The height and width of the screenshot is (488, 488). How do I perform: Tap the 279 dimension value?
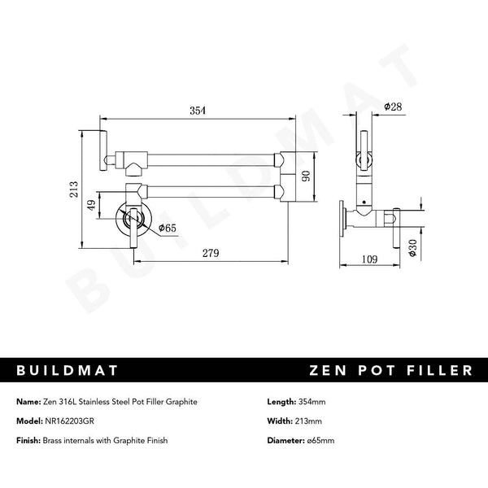pyautogui.click(x=210, y=254)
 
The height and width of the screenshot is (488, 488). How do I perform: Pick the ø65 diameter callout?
pyautogui.click(x=168, y=229)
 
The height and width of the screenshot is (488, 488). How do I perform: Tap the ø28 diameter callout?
pyautogui.click(x=394, y=107)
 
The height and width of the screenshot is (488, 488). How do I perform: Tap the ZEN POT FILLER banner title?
pyautogui.click(x=390, y=370)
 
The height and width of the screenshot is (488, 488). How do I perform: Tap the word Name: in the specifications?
pyautogui.click(x=29, y=402)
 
